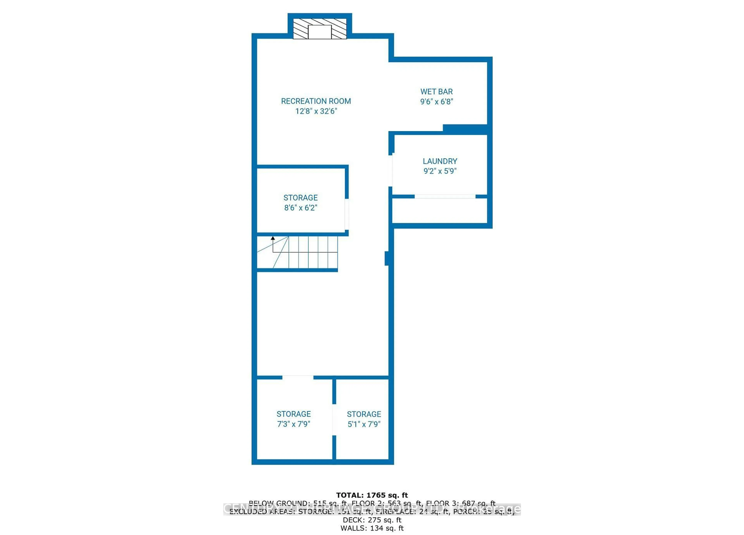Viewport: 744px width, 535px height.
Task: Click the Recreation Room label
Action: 316,101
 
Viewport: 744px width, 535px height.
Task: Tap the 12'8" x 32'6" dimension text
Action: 316,111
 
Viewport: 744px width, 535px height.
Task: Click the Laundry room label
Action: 440,161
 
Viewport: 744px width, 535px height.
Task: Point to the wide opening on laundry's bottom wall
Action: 445,196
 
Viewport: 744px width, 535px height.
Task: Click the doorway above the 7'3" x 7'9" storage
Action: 298,377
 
